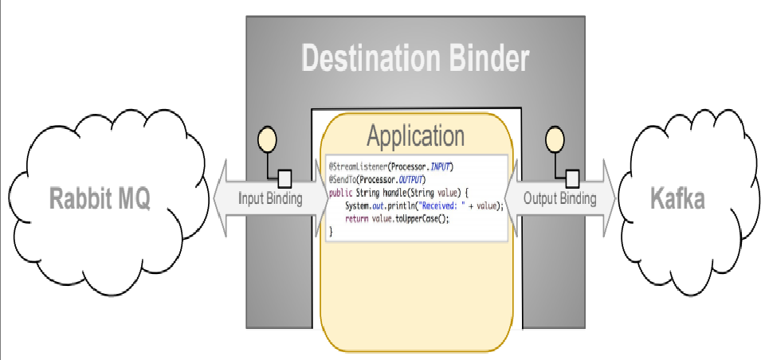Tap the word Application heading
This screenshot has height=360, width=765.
pos(415,136)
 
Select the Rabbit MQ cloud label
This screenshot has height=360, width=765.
pos(100,198)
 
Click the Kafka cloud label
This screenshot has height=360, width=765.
pos(677,198)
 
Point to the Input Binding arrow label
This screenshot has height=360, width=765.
pos(271,198)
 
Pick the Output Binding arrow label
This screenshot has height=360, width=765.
pos(559,198)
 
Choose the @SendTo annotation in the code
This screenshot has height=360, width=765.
pos(344,179)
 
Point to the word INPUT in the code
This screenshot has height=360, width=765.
pos(436,166)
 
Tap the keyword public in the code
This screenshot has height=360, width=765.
pos(340,193)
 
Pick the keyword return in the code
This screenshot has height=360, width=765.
pos(356,218)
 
